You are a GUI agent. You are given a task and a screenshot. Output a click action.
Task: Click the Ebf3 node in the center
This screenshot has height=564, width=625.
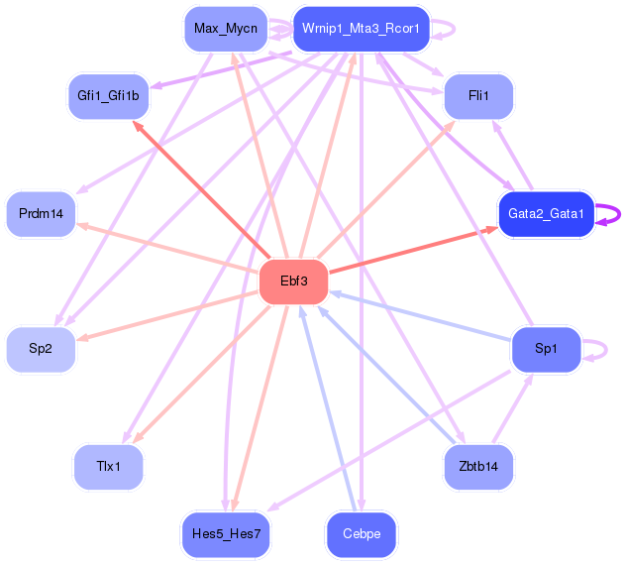pyautogui.click(x=294, y=282)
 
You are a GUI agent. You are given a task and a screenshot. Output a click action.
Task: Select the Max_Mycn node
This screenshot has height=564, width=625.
pyautogui.click(x=226, y=29)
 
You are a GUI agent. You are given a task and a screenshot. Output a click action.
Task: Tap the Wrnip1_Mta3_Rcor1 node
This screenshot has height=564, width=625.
pyautogui.click(x=362, y=29)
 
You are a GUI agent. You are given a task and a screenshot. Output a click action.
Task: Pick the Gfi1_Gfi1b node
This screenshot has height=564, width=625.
pyautogui.click(x=108, y=96)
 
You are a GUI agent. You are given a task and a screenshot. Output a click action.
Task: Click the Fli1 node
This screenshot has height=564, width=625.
pyautogui.click(x=478, y=96)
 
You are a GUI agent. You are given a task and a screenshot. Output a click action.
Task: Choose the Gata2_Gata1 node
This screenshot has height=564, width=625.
pyautogui.click(x=546, y=214)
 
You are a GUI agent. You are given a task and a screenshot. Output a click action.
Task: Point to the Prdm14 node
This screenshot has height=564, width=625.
pyautogui.click(x=41, y=214)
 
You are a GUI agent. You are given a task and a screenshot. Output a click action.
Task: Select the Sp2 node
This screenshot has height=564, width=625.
pyautogui.click(x=41, y=349)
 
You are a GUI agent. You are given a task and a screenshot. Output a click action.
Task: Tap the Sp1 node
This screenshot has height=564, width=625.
pyautogui.click(x=546, y=349)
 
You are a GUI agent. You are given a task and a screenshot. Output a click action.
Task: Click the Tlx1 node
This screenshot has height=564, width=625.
pyautogui.click(x=108, y=467)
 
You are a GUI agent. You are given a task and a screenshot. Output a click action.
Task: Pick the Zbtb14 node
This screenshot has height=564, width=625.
pyautogui.click(x=478, y=467)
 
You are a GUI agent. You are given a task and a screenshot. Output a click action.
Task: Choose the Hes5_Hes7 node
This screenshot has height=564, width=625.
pyautogui.click(x=226, y=534)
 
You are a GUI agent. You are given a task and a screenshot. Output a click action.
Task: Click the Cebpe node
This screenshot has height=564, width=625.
pyautogui.click(x=362, y=534)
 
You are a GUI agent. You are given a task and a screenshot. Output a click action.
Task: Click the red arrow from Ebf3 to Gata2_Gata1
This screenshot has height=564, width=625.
pyautogui.click(x=413, y=250)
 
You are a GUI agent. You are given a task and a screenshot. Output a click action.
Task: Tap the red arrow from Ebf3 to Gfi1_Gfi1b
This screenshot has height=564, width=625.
pyautogui.click(x=202, y=190)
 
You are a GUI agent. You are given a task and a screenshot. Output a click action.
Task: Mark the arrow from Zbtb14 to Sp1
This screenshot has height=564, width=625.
pyautogui.click(x=513, y=408)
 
